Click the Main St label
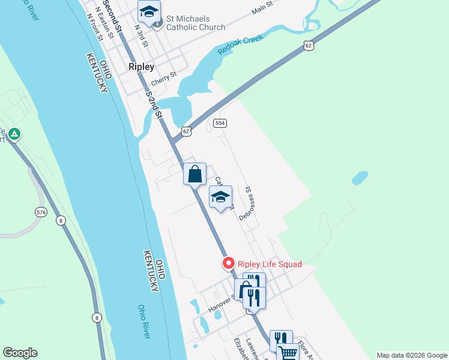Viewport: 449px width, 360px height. click(262, 8)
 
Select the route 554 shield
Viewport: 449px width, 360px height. click(220, 123)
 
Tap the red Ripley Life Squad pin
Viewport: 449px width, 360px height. click(228, 263)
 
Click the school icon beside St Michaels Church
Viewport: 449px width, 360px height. click(149, 11)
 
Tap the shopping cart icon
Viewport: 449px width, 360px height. click(288, 353)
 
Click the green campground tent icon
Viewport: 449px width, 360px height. click(15, 134)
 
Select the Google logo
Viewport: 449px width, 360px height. click(20, 353)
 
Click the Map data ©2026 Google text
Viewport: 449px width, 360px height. click(412, 355)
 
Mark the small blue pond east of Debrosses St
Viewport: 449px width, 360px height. click(360, 178)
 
